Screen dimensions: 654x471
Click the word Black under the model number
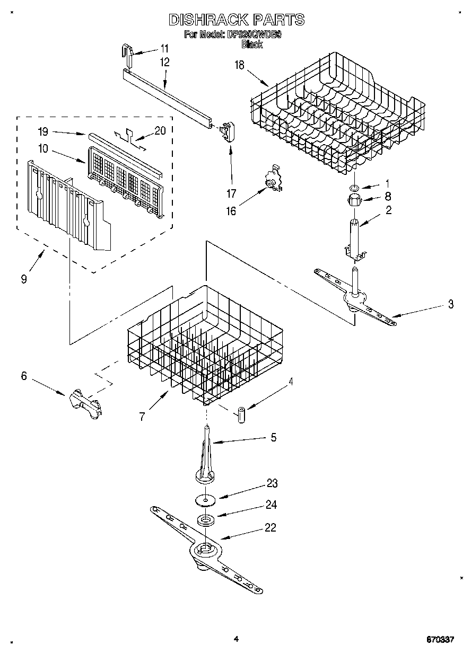point(252,45)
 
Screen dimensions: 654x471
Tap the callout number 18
point(240,65)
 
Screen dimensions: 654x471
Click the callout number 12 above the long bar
point(164,62)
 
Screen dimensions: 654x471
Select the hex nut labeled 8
point(353,201)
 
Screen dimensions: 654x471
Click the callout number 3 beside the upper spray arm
point(450,304)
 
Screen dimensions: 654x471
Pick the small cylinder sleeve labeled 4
point(241,414)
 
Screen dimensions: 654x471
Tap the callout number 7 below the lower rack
point(142,417)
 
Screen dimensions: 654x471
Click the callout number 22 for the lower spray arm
point(271,527)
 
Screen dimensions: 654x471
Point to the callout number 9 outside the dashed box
point(24,279)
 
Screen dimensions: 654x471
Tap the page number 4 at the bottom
point(235,639)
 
